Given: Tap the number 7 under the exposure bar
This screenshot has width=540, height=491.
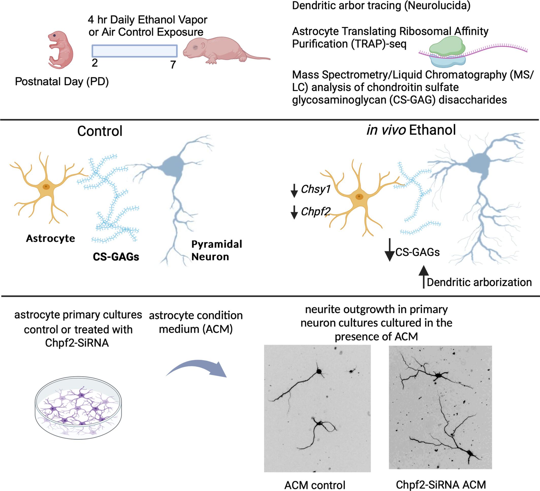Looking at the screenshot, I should (x=173, y=65).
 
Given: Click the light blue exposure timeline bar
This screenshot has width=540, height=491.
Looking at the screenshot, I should (x=134, y=51).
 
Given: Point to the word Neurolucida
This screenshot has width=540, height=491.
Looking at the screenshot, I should (x=437, y=6).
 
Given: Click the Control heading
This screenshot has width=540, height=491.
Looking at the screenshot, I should (x=100, y=131).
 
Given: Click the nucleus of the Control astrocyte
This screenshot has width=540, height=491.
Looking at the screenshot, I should (x=46, y=187).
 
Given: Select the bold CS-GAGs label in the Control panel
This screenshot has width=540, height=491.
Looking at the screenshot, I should (x=116, y=257).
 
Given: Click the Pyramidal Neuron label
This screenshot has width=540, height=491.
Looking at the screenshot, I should (x=216, y=250).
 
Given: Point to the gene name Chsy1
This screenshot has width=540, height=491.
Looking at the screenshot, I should (x=315, y=189).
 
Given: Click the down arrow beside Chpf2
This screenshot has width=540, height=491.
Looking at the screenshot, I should (x=294, y=212).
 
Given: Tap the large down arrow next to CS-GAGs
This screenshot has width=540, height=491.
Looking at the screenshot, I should (x=390, y=250).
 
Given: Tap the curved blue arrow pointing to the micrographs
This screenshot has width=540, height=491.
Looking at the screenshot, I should (x=197, y=369).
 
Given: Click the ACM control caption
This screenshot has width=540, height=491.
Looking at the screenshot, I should (x=315, y=485).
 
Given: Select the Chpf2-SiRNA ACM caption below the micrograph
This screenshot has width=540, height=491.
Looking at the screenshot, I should (x=441, y=485).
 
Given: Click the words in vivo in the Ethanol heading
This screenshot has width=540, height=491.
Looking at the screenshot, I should (x=386, y=130).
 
